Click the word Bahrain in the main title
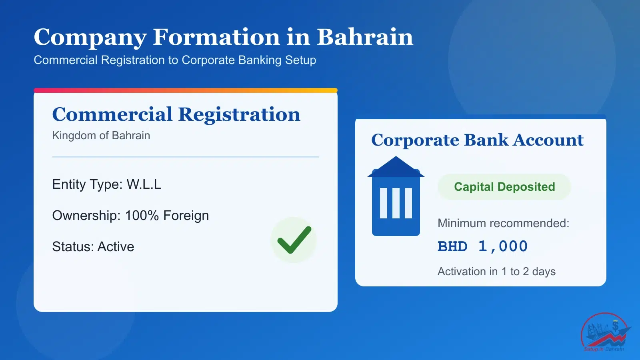[x=365, y=37]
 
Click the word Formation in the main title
[x=216, y=37]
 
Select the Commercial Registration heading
[x=176, y=114]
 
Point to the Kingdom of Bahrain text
[x=101, y=136]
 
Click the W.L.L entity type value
[x=144, y=184]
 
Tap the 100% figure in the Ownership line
[x=142, y=216]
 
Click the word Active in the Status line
[x=116, y=246]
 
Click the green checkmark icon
[x=294, y=240]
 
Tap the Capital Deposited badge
[x=504, y=187]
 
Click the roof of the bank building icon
[x=396, y=166]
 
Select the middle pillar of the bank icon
[x=396, y=203]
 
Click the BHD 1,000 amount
[x=482, y=246]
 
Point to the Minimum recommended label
[x=504, y=223]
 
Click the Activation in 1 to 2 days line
[x=496, y=272]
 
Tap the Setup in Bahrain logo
[x=605, y=332]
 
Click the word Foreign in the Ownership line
[x=186, y=216]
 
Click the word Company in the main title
[x=90, y=38]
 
